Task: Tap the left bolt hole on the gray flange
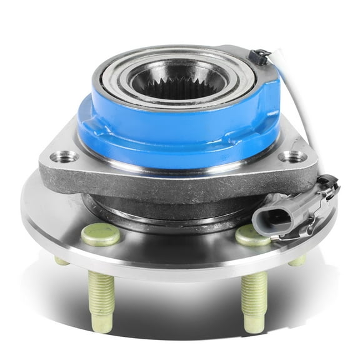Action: [x=67, y=156]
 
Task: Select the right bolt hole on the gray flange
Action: [x=292, y=157]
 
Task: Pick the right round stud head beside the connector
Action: [x=252, y=235]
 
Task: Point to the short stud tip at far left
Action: [x=61, y=260]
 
